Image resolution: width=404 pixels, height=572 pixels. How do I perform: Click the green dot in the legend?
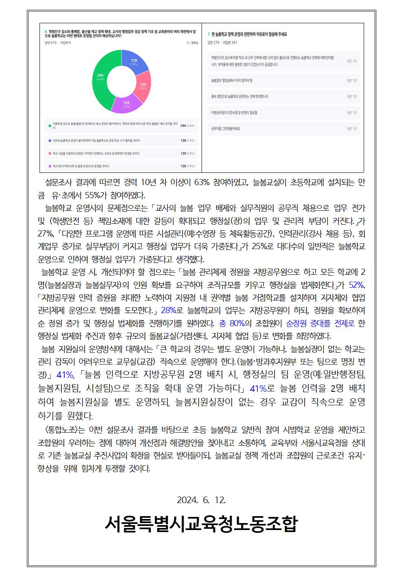(x=49, y=126)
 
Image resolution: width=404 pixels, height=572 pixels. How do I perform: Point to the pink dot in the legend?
(x=49, y=153)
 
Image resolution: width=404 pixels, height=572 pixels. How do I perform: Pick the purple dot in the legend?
(x=49, y=166)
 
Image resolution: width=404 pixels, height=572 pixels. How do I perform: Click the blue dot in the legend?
(x=49, y=141)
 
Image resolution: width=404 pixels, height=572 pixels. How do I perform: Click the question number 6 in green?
(x=45, y=31)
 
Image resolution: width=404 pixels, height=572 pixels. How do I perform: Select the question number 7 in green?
(x=209, y=34)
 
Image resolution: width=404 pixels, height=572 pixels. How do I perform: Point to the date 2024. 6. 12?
(x=201, y=500)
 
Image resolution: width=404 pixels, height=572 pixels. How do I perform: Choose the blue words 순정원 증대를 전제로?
(x=321, y=323)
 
